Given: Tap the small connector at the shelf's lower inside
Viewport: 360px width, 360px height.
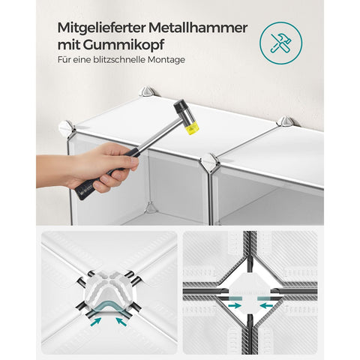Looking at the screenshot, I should (x=151, y=208).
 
